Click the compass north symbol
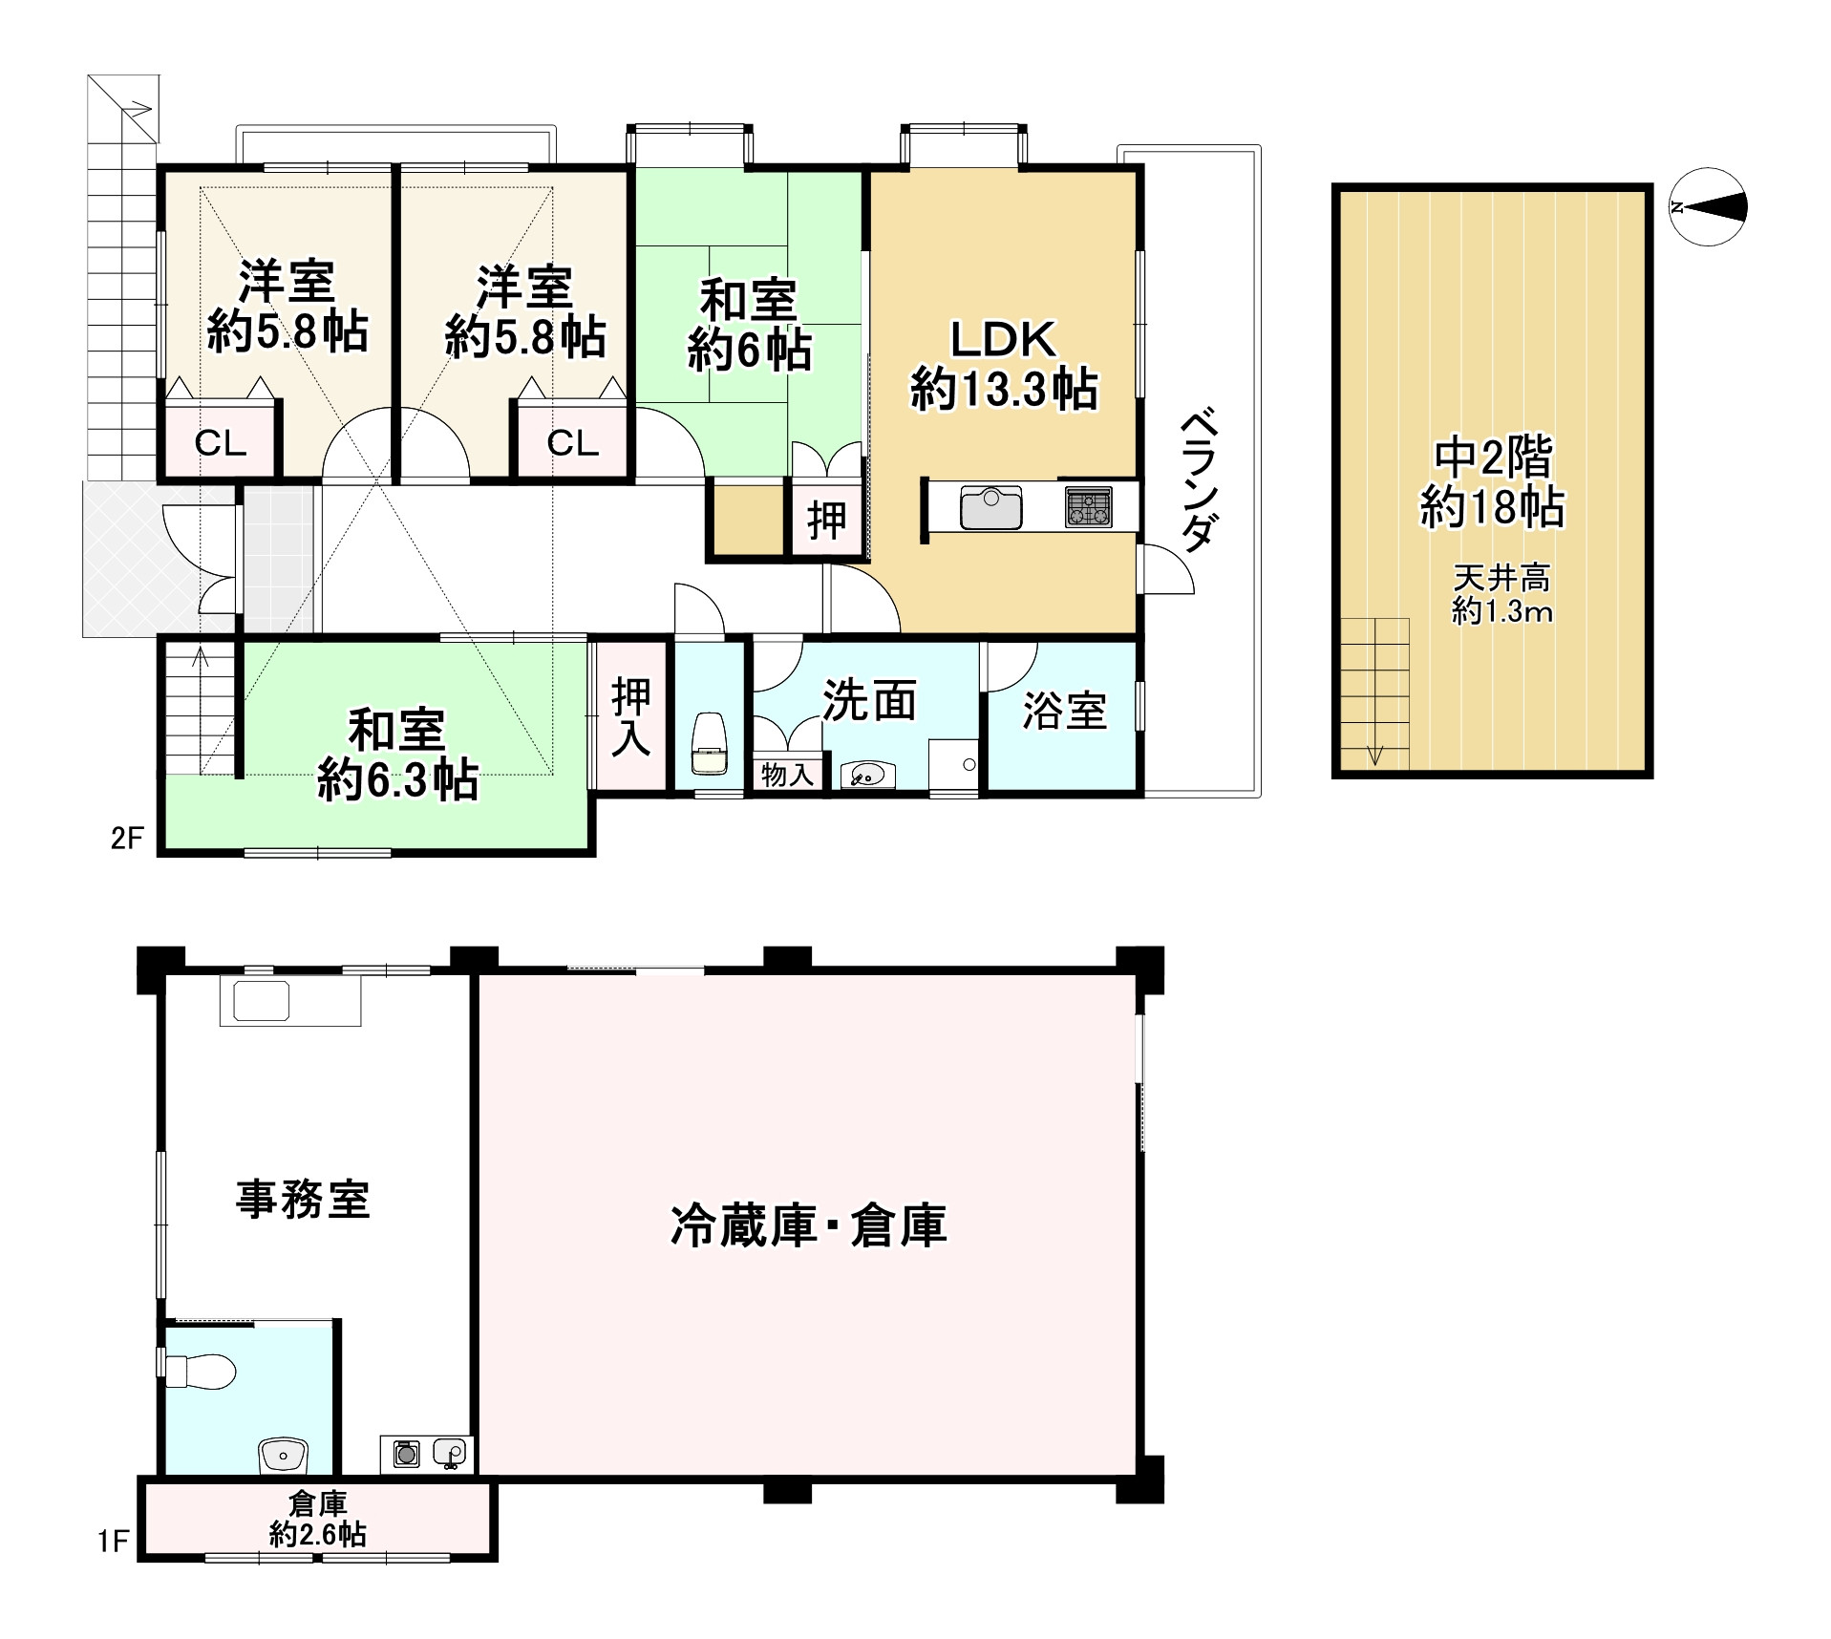pos(1708,207)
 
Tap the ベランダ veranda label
pos(1201,481)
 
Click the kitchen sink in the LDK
pos(991,506)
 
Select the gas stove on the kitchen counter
pos(1088,506)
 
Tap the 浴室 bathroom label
pos(1064,711)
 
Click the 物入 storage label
pos(786,775)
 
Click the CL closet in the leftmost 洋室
pos(221,442)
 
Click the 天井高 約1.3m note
pos(1501,594)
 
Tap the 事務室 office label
pos(303,1199)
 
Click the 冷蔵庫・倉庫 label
pos(808,1225)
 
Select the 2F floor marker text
pos(127,839)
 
